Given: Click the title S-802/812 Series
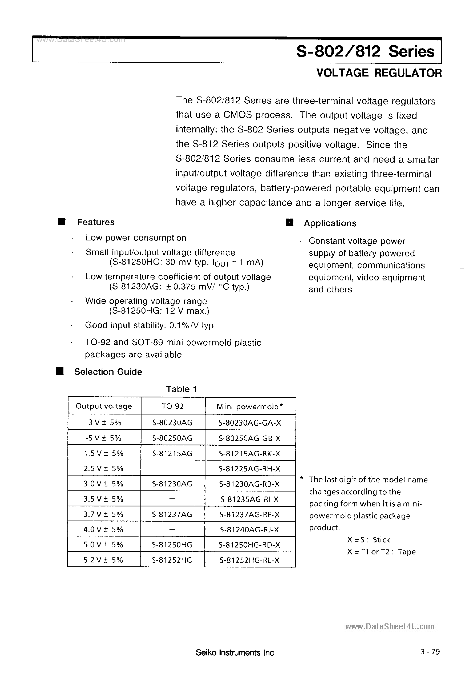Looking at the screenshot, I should [365, 52].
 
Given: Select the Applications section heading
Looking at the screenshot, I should [330, 223].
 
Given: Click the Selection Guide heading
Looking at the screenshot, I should [108, 372].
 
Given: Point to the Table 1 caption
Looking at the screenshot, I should [181, 389].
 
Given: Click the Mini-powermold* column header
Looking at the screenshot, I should [249, 406].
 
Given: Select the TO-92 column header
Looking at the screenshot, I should [172, 406].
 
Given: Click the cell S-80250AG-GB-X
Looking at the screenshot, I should [249, 438].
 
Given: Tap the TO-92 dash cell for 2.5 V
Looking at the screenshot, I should [172, 468].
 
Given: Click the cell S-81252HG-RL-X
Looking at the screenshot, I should [249, 560].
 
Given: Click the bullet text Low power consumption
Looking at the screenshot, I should [136, 238].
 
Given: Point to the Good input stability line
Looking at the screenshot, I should [151, 325].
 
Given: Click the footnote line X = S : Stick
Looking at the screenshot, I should [368, 540].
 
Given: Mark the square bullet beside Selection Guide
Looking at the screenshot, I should [60, 371].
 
